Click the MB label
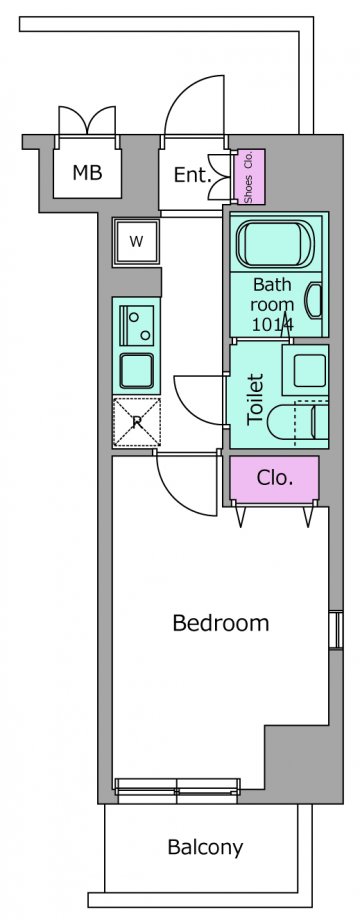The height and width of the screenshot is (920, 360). [87, 172]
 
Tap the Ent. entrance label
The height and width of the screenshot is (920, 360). [192, 175]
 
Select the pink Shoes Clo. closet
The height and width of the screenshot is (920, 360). [250, 177]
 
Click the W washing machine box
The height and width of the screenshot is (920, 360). [136, 242]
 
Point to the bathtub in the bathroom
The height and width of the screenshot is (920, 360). [275, 243]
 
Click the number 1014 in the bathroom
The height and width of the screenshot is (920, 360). [273, 323]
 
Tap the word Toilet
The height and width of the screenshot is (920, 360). [256, 400]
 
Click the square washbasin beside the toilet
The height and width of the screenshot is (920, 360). [305, 370]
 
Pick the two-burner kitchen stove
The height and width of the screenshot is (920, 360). [136, 324]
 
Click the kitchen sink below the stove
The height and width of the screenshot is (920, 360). [136, 371]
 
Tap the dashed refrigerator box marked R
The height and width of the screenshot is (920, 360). [136, 422]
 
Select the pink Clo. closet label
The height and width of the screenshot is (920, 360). [274, 478]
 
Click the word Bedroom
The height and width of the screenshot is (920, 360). [220, 623]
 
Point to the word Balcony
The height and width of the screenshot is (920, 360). [205, 847]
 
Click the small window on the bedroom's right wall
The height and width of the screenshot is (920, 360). [335, 630]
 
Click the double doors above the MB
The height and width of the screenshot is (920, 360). [87, 120]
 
